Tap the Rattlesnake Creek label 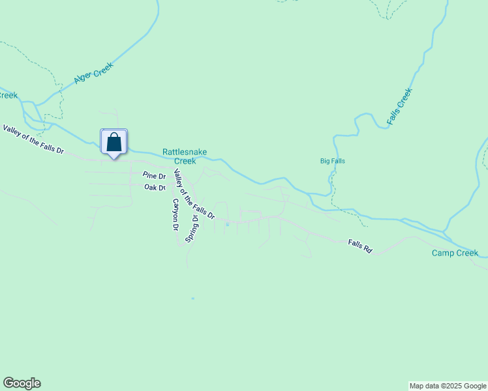point(185,156)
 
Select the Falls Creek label point(400,106)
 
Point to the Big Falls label point(332,161)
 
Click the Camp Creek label point(455,253)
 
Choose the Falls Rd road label point(359,246)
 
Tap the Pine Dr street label point(154,176)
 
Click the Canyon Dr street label point(175,216)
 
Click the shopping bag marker point(114,142)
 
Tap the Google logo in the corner point(22,383)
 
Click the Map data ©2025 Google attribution point(448,386)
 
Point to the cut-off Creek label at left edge point(8,95)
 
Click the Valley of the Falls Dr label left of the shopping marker point(33,139)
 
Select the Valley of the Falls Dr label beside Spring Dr point(193,194)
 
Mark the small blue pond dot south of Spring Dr point(192,298)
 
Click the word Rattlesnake point(185,152)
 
